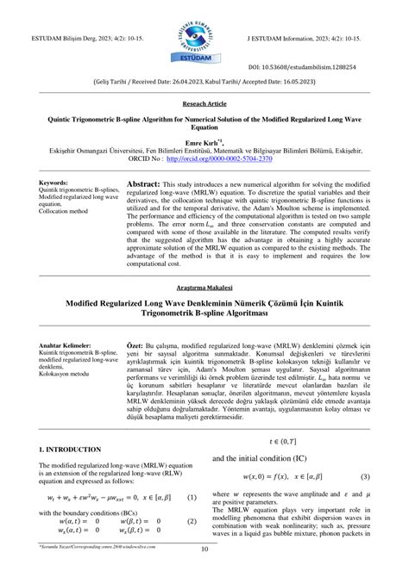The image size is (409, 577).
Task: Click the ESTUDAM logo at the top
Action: pos(204,35)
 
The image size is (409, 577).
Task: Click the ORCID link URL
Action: pos(217,158)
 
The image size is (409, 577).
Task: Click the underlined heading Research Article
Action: pos(204,102)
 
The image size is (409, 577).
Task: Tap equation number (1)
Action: pos(192,497)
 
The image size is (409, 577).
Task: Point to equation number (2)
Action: pos(192,521)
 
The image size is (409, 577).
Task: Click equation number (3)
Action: pos(366,476)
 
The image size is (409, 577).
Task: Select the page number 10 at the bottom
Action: pos(204,551)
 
